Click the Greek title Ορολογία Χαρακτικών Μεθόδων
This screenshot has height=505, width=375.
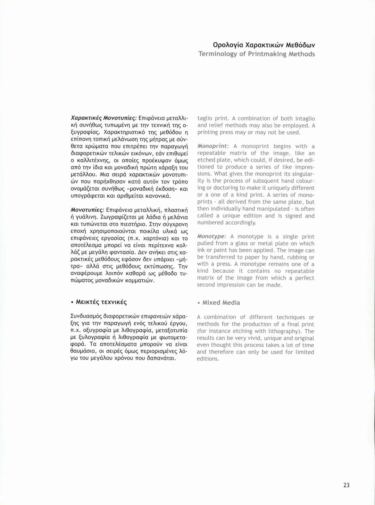[x=264, y=45]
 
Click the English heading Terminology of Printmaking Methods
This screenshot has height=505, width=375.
[x=257, y=54]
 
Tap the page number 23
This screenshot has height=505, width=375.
[x=346, y=485]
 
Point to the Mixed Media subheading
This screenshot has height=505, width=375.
[x=221, y=303]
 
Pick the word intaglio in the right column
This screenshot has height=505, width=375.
[x=305, y=118]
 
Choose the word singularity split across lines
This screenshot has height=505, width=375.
[x=302, y=174]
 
